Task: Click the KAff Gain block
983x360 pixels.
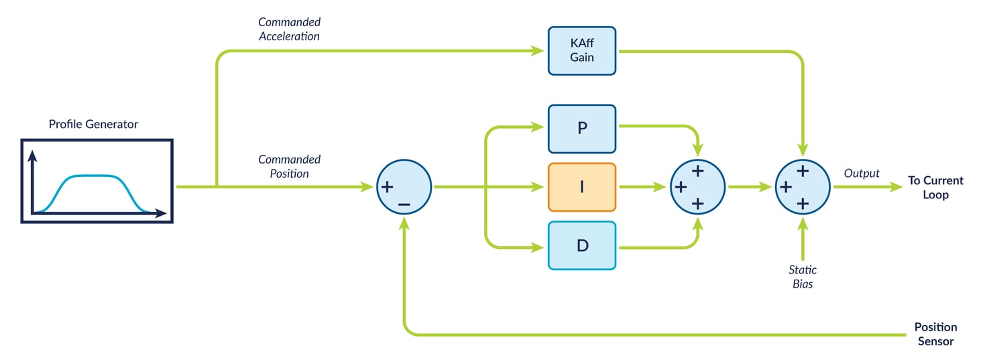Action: pyautogui.click(x=581, y=51)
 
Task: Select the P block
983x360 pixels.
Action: pyautogui.click(x=581, y=129)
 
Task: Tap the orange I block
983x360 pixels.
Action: pyautogui.click(x=581, y=187)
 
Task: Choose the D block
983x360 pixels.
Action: pyautogui.click(x=581, y=245)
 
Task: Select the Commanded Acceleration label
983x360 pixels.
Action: pyautogui.click(x=289, y=29)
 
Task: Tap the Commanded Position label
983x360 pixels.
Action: pyautogui.click(x=289, y=166)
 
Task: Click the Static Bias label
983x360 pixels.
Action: pyautogui.click(x=802, y=276)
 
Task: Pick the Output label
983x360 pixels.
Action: pyautogui.click(x=861, y=173)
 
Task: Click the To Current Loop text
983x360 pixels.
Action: pyautogui.click(x=935, y=187)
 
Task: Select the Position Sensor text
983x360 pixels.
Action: pyautogui.click(x=935, y=334)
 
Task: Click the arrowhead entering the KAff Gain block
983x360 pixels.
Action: pyautogui.click(x=538, y=50)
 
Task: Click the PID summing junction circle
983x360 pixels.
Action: pyautogui.click(x=697, y=187)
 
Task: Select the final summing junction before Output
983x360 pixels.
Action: pyautogui.click(x=803, y=187)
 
